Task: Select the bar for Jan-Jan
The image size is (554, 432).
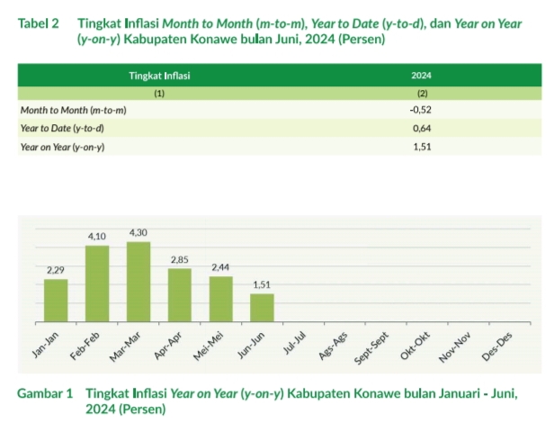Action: click(x=56, y=300)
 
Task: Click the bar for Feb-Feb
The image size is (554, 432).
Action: click(x=97, y=283)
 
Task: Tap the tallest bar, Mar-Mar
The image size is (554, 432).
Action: click(x=138, y=281)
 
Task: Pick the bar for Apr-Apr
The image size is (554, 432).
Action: click(x=180, y=294)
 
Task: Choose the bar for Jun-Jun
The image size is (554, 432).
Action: click(x=262, y=307)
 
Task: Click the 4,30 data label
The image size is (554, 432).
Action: click(x=138, y=233)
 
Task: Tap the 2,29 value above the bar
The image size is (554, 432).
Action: click(x=56, y=270)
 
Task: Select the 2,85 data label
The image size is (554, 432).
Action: click(x=180, y=260)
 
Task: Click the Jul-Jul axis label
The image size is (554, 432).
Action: click(x=296, y=343)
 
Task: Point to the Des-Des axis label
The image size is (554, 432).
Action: click(x=497, y=346)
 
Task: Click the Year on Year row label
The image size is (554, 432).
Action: click(x=61, y=146)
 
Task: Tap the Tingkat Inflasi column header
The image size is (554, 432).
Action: click(x=159, y=77)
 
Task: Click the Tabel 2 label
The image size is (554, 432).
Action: click(x=38, y=24)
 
